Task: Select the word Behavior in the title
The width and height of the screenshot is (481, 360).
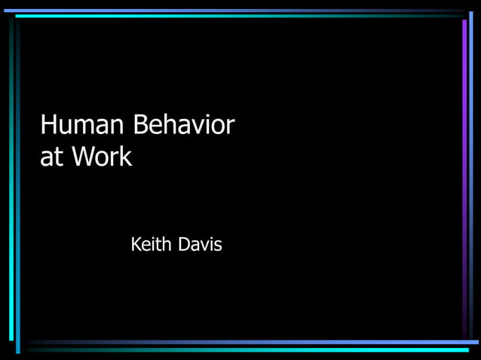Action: (184, 125)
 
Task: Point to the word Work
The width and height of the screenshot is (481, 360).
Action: (102, 157)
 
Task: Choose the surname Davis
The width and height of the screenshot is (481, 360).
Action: (200, 245)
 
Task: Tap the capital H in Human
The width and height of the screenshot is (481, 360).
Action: (48, 125)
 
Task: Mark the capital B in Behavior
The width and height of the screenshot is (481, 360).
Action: (141, 125)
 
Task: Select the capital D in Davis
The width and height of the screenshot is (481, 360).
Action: (185, 245)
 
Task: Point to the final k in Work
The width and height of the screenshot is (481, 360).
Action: (126, 157)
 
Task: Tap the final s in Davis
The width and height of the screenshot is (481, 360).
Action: (218, 246)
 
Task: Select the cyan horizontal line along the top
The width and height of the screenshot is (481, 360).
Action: (226, 16)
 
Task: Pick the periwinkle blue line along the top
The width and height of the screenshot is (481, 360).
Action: (226, 11)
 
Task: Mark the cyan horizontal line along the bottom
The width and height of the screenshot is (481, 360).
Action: (249, 349)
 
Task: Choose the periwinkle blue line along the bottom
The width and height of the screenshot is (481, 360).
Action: (249, 343)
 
